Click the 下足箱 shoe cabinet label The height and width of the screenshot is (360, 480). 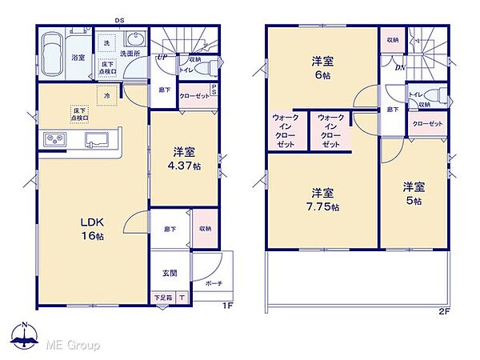(x=163, y=298)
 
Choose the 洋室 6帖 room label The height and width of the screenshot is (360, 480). (x=322, y=66)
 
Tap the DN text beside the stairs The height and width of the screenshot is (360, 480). (x=399, y=66)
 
